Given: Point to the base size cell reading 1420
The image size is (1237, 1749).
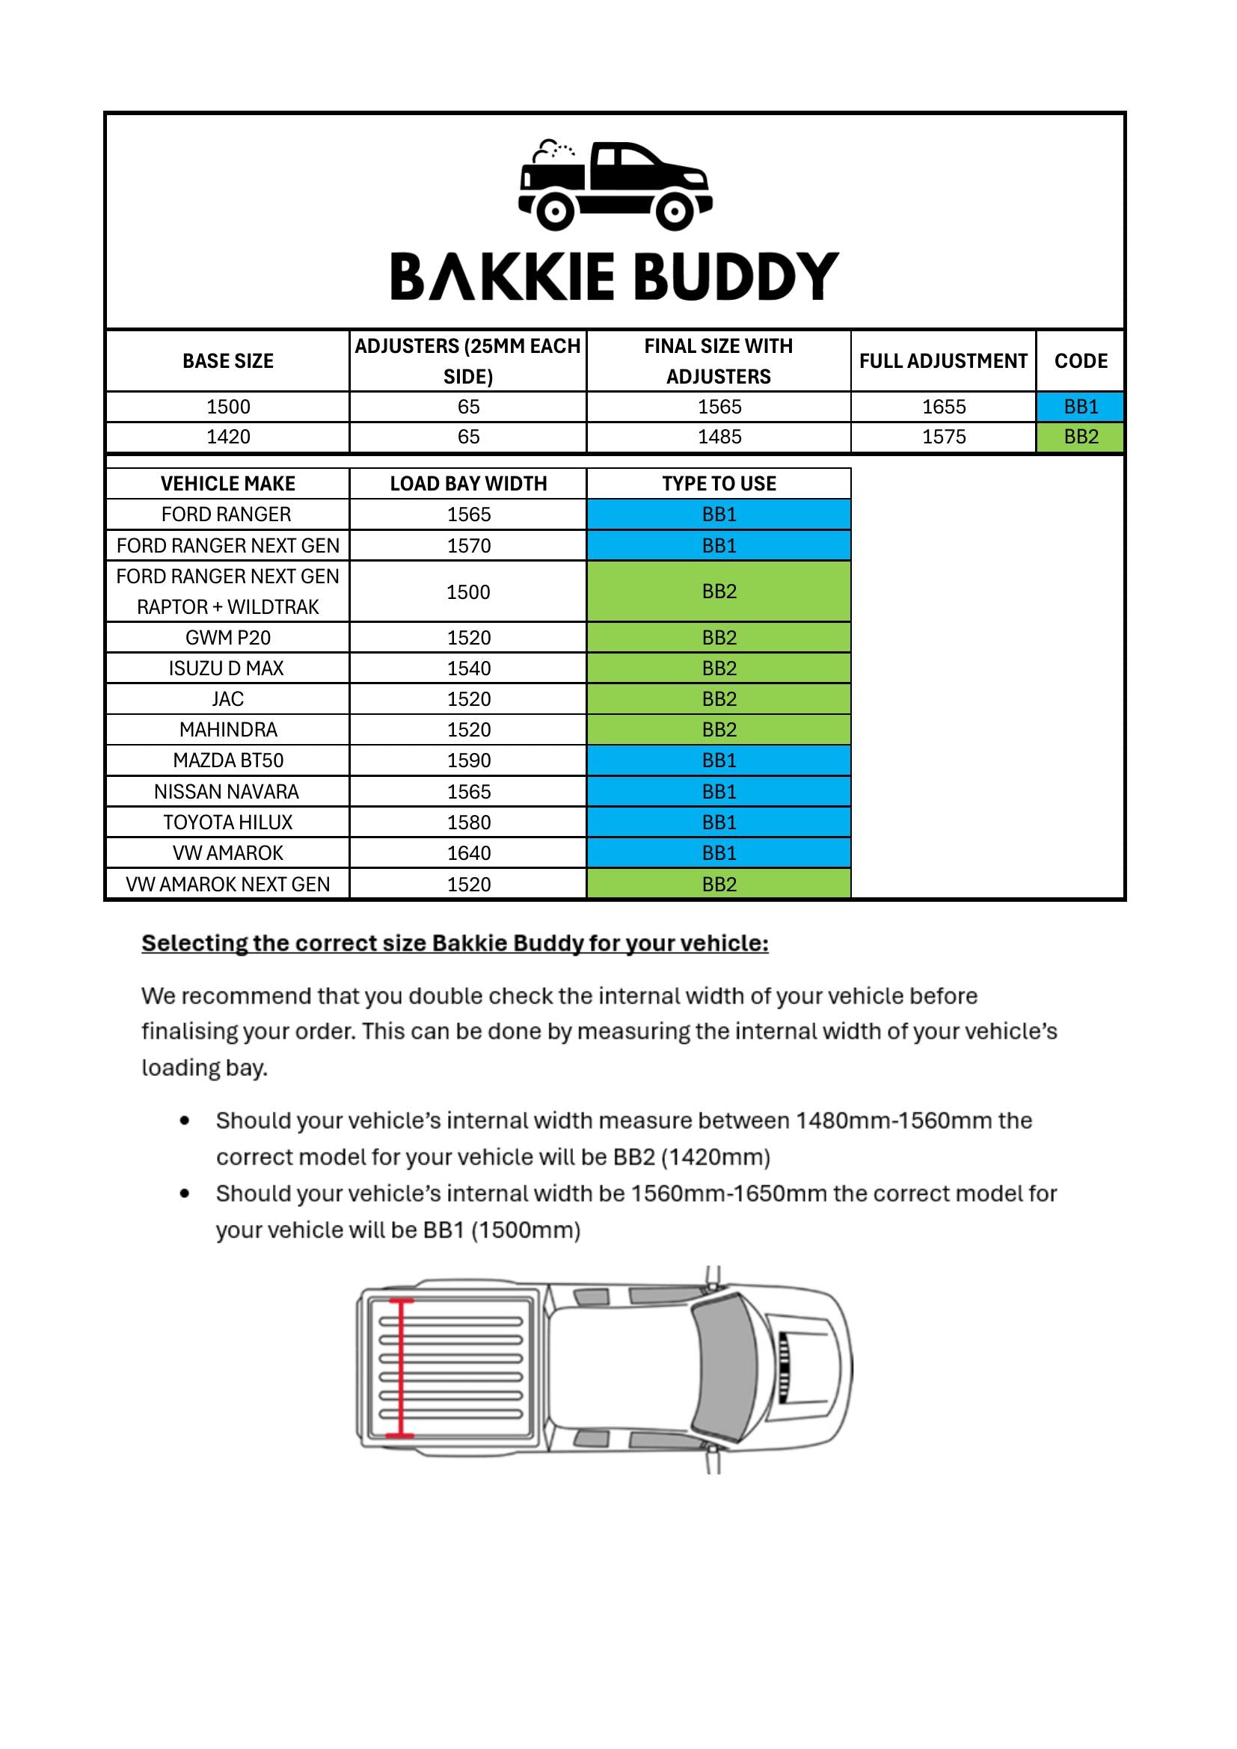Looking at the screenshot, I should (228, 437).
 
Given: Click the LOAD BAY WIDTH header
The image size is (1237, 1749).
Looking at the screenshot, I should (467, 484).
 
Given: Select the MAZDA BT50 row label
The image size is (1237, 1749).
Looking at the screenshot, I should (228, 760).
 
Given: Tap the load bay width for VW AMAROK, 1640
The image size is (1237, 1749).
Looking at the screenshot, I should (467, 853).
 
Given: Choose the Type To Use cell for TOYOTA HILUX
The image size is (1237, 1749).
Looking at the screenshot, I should (718, 823).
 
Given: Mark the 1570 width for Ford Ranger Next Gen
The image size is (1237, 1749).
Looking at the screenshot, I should (467, 545).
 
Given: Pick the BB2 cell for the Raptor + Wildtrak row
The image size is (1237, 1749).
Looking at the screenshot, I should (718, 591).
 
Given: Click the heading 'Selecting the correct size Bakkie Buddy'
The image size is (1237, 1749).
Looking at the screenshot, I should (455, 943).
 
